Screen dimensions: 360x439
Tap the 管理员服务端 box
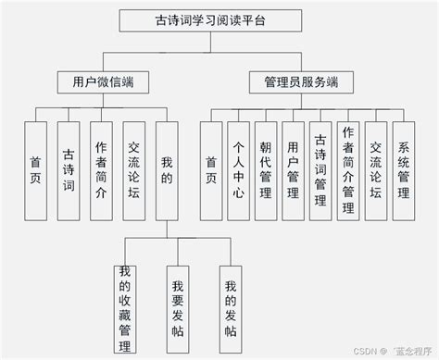point(294,82)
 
